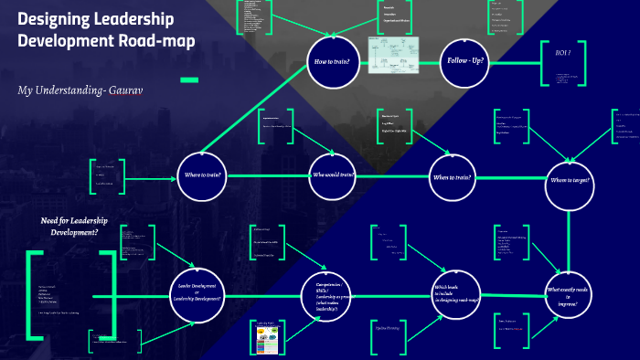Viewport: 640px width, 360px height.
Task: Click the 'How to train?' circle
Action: pos(333,62)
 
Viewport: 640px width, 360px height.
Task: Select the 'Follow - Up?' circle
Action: pos(464,62)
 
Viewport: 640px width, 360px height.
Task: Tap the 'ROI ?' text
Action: pos(563,53)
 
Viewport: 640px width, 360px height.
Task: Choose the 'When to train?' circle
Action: pos(454,175)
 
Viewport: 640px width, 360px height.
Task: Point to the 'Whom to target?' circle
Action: pos(571,181)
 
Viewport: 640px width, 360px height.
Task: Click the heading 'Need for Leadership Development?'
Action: pos(76,226)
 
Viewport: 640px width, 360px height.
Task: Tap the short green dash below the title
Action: pos(189,79)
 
